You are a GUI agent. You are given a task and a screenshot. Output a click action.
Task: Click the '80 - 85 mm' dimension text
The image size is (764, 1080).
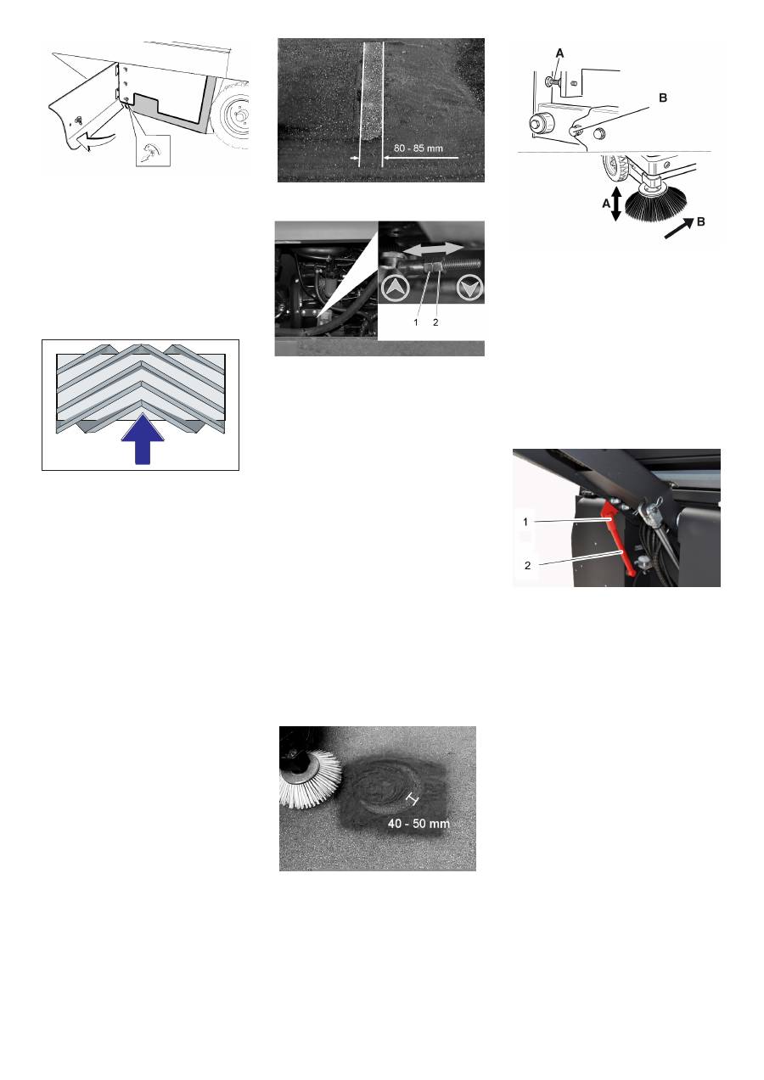pos(418,148)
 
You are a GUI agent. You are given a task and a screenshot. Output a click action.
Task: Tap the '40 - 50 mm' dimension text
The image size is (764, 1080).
pos(419,823)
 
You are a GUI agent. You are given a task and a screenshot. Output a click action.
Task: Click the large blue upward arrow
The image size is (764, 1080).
pos(143,439)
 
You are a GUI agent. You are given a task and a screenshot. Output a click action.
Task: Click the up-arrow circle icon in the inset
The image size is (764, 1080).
pos(395,288)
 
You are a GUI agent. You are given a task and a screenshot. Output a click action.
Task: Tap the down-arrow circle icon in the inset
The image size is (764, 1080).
pos(469,288)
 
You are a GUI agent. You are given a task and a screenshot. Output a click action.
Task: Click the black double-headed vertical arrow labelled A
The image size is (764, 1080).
pos(616,204)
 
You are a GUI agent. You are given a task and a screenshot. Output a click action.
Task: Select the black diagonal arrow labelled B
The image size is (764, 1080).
pos(678,228)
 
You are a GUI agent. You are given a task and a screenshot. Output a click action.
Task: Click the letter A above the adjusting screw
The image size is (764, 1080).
pos(559,53)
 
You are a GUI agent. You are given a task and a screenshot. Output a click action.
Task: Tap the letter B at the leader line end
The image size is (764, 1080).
pos(663,98)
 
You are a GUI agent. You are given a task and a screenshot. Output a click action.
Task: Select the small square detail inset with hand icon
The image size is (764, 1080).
pos(153,150)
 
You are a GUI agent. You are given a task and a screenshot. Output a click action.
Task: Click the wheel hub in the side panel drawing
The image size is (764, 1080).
pos(239,115)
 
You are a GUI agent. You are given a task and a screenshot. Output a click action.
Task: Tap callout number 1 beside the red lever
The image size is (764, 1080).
pos(525,521)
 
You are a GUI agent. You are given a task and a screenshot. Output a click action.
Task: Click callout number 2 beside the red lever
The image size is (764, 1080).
pos(527,565)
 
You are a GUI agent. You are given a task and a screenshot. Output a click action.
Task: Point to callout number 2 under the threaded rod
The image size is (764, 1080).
pos(435,322)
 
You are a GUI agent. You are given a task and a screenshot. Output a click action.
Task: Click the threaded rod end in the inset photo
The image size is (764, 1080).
pos(462,264)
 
